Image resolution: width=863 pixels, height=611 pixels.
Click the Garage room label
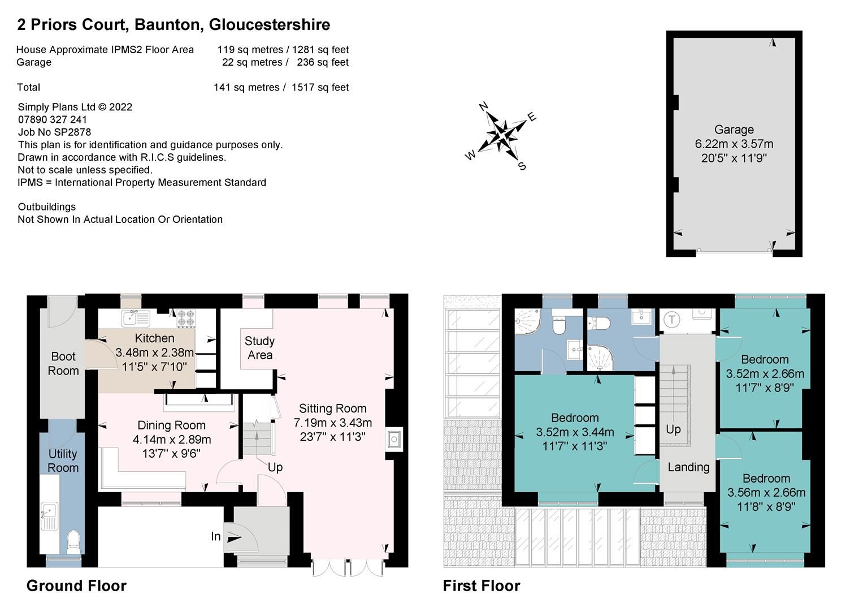pyautogui.click(x=734, y=130)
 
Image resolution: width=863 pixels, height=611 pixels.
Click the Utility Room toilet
pyautogui.click(x=73, y=541)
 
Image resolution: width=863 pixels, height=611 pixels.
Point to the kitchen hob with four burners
pyautogui.click(x=185, y=319)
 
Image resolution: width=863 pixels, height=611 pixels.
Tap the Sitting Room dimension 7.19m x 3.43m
pyautogui.click(x=332, y=423)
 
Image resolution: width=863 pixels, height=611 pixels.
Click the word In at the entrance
pyautogui.click(x=216, y=536)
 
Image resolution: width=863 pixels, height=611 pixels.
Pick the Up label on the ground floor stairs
pyautogui.click(x=275, y=467)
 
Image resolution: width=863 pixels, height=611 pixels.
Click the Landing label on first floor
pyautogui.click(x=688, y=467)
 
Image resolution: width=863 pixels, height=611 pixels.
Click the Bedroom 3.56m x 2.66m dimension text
pyautogui.click(x=766, y=492)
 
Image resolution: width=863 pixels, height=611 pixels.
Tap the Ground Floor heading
pyautogui.click(x=76, y=586)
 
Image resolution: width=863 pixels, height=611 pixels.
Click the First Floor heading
pyautogui.click(x=481, y=586)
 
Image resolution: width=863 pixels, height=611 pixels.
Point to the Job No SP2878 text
pyautogui.click(x=54, y=132)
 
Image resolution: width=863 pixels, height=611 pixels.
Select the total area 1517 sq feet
pyautogui.click(x=320, y=88)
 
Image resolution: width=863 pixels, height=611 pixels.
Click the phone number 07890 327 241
pyautogui.click(x=53, y=120)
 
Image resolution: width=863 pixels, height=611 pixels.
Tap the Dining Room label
pyautogui.click(x=171, y=425)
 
